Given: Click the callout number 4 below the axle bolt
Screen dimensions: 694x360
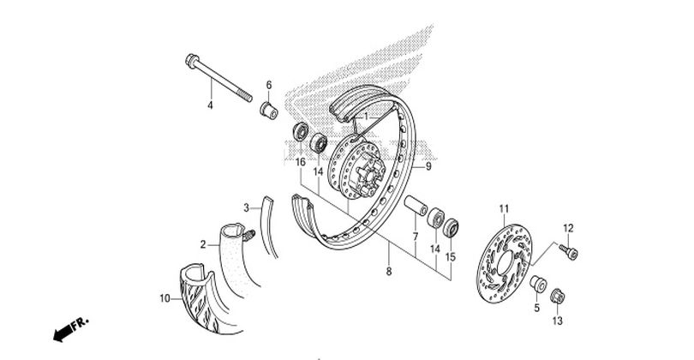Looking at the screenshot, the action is pyautogui.click(x=210, y=105).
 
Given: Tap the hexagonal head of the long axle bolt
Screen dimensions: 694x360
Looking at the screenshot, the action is pyautogui.click(x=192, y=60).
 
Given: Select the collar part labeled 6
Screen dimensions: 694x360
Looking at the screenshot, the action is pyautogui.click(x=269, y=111).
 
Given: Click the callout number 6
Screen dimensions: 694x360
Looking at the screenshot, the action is pyautogui.click(x=269, y=85).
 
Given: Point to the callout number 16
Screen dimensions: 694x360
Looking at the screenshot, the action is pyautogui.click(x=301, y=162).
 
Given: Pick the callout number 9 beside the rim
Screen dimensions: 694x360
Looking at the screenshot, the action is pyautogui.click(x=428, y=166).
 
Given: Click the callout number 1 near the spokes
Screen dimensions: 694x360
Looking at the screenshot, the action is pyautogui.click(x=366, y=117).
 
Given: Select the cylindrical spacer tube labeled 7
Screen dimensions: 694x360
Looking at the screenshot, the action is pyautogui.click(x=416, y=207).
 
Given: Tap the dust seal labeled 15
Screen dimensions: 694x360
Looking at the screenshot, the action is pyautogui.click(x=451, y=228).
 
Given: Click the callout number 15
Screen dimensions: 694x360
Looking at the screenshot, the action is pyautogui.click(x=451, y=257).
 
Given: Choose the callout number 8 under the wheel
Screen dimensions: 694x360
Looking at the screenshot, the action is pyautogui.click(x=389, y=272).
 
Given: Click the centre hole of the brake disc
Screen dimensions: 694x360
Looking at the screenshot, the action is pyautogui.click(x=505, y=264).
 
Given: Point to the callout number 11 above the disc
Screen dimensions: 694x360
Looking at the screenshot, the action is pyautogui.click(x=504, y=208).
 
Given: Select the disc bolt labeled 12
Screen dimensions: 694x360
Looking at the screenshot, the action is pyautogui.click(x=569, y=252).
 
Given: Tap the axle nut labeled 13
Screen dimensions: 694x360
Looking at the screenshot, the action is pyautogui.click(x=557, y=296).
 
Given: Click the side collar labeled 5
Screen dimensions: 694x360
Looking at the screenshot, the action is pyautogui.click(x=538, y=284).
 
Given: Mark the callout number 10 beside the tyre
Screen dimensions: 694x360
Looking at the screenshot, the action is pyautogui.click(x=165, y=299).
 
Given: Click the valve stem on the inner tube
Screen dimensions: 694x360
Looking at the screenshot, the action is pyautogui.click(x=249, y=235).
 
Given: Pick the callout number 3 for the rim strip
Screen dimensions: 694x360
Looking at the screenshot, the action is pyautogui.click(x=247, y=207).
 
